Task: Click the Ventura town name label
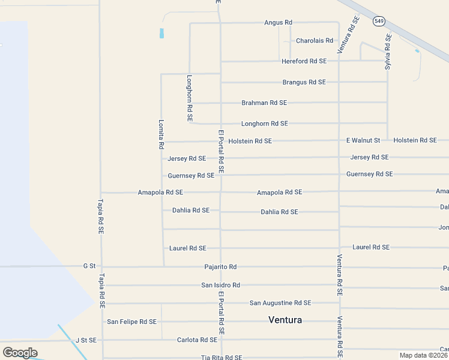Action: (x=285, y=320)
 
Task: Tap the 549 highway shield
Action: (x=379, y=22)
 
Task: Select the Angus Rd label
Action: (x=278, y=23)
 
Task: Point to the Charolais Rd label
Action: (x=314, y=41)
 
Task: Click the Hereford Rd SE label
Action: (x=304, y=61)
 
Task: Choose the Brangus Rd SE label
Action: (x=304, y=82)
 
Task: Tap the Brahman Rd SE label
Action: (x=264, y=103)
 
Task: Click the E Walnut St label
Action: (x=363, y=140)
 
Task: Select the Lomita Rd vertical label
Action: (x=161, y=134)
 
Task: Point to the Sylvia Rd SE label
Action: (x=388, y=52)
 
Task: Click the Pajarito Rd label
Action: (x=220, y=266)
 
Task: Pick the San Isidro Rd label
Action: (x=220, y=285)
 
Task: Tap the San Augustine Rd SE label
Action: (x=280, y=303)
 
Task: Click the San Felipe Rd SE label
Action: (x=131, y=322)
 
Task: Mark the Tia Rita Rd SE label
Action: (x=221, y=358)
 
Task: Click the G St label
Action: (x=89, y=265)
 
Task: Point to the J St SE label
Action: (x=86, y=340)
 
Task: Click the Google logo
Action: (x=20, y=353)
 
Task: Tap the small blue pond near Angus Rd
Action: (x=161, y=34)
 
